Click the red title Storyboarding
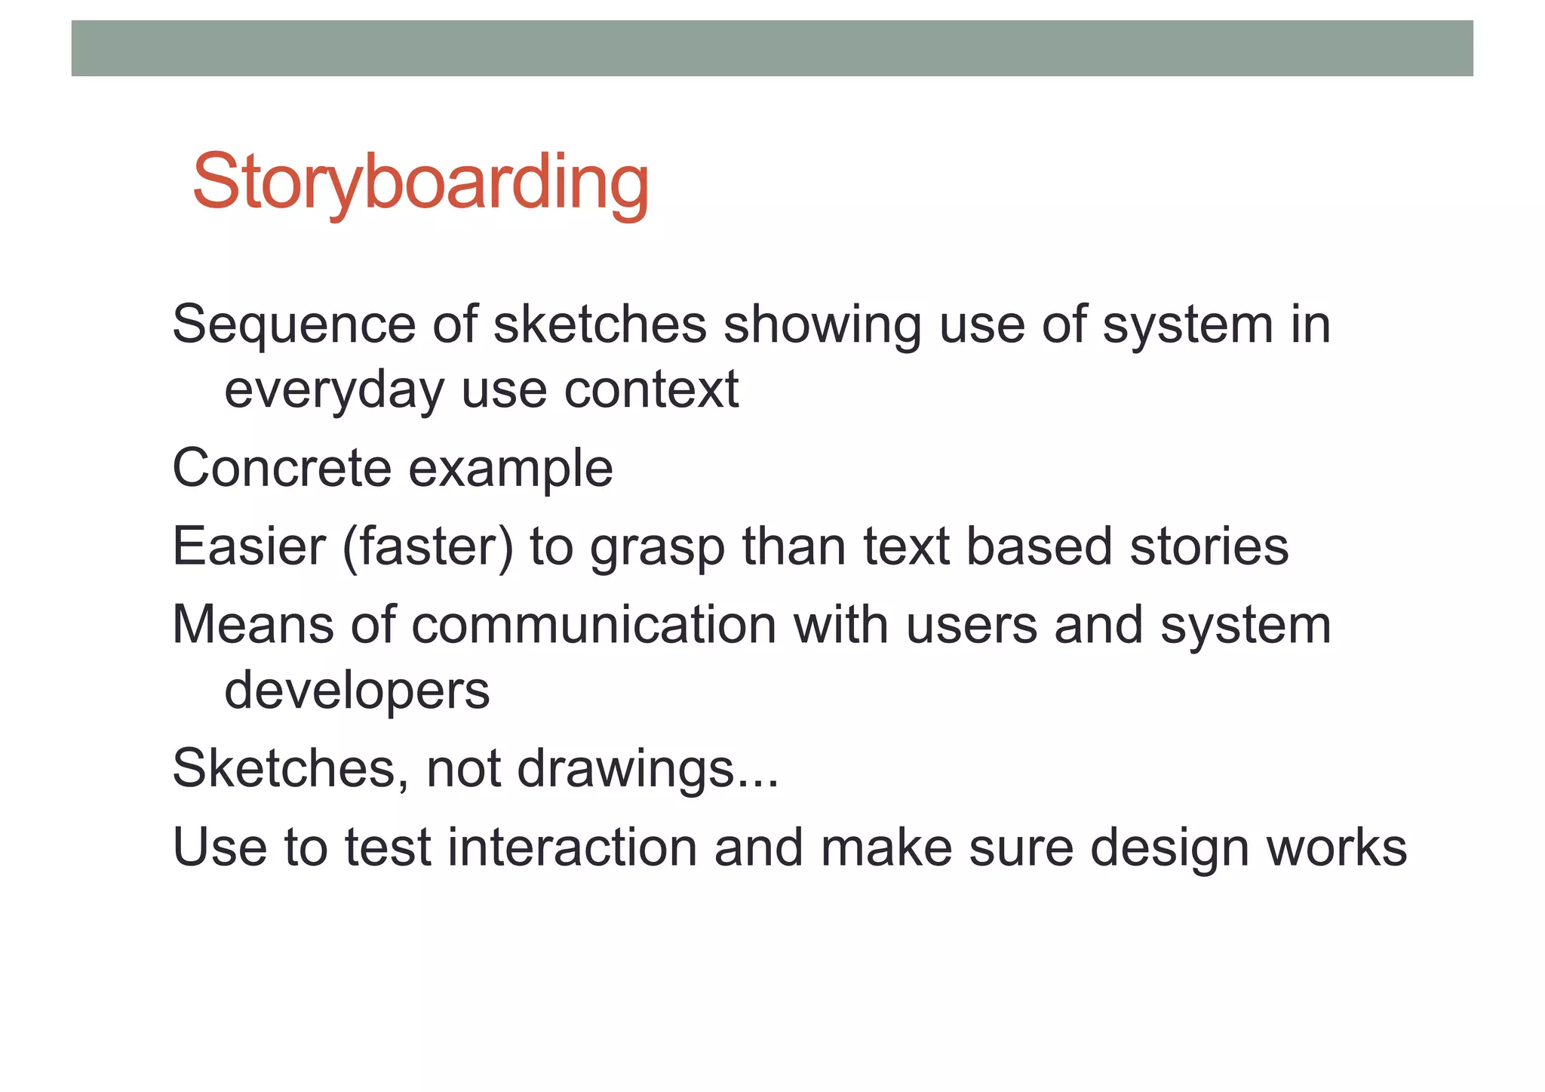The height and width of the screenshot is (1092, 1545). (420, 183)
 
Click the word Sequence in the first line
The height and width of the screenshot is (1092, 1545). (293, 325)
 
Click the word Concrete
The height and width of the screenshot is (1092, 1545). (281, 468)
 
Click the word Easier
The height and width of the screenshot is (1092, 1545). (248, 546)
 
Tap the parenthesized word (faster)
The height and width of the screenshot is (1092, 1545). (427, 547)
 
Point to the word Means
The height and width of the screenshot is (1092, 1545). (253, 625)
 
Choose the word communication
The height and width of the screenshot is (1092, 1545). (594, 625)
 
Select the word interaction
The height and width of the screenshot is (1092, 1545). (572, 847)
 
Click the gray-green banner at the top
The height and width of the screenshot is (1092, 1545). (772, 48)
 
